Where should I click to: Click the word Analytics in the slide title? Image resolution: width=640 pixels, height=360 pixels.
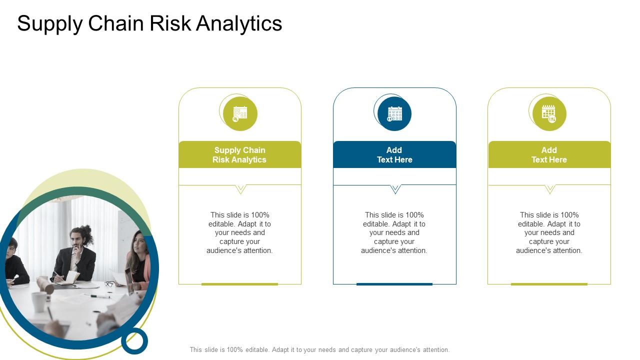239,23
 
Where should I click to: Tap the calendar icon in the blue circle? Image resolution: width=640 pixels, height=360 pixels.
394,113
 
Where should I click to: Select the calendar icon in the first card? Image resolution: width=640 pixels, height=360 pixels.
239,113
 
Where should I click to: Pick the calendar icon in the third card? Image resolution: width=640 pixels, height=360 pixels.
549,113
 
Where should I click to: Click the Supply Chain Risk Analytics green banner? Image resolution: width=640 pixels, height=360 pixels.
240,154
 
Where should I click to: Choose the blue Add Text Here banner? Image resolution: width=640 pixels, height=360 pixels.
394,154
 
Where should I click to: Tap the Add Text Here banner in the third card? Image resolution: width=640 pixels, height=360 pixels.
549,154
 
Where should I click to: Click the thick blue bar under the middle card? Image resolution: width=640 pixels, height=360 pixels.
394,284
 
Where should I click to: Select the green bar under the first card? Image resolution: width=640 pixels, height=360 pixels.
239,284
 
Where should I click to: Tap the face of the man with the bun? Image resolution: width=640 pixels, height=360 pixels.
76,239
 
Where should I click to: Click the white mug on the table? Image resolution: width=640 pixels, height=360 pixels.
39,301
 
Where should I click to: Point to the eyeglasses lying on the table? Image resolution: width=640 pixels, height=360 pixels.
109,284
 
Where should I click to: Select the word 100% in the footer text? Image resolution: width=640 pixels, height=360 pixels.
235,349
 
